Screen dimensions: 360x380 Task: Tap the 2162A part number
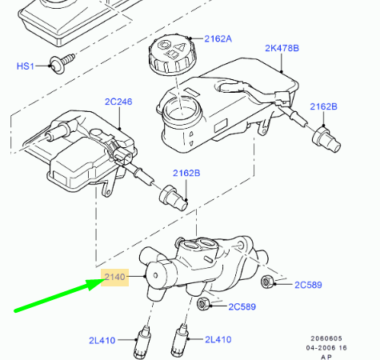217,38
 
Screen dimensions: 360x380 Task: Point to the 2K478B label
282,47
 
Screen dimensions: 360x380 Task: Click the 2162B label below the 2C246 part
186,173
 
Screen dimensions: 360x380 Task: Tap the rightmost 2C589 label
308,284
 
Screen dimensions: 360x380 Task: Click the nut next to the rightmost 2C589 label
268,280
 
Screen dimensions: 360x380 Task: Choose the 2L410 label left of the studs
102,340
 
